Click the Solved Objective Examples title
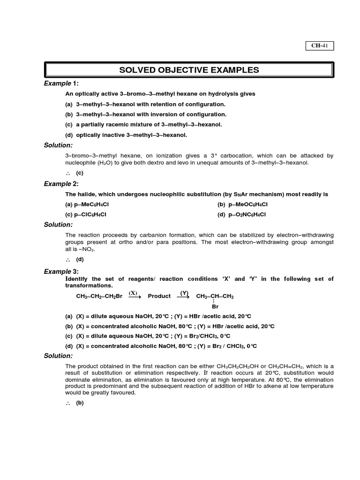pos(189,70)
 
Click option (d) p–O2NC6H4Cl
pos(245,214)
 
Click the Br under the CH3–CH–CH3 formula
pos(215,306)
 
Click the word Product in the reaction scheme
pos(159,296)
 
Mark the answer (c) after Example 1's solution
pos(80,173)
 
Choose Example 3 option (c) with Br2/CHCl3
pos(148,336)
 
